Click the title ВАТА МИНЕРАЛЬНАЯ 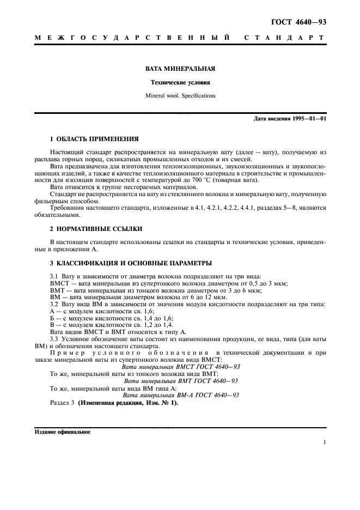180,69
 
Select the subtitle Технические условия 180,83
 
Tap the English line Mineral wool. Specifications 180,95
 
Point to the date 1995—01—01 308,119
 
